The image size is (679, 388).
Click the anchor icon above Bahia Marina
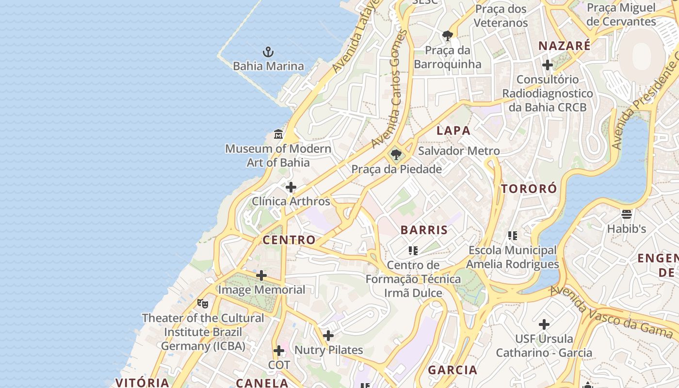pyautogui.click(x=268, y=52)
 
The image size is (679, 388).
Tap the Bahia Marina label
pyautogui.click(x=268, y=66)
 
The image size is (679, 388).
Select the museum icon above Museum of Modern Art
pyautogui.click(x=278, y=134)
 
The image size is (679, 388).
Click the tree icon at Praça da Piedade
pyautogui.click(x=396, y=155)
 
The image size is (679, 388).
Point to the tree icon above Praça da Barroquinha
pyautogui.click(x=448, y=36)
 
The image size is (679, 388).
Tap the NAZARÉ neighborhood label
pyautogui.click(x=565, y=46)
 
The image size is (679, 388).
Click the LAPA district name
pyautogui.click(x=453, y=130)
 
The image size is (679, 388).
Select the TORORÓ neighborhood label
pyautogui.click(x=529, y=189)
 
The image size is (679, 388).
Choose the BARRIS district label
pyautogui.click(x=424, y=230)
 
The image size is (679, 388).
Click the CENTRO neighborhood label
pyautogui.click(x=289, y=240)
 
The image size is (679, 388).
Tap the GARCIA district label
pyautogui.click(x=453, y=370)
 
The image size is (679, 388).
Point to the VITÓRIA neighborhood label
pyautogui.click(x=142, y=382)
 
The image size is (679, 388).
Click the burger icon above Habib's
pyautogui.click(x=627, y=214)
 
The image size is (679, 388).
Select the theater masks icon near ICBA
pyautogui.click(x=203, y=304)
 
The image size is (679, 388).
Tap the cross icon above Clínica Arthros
pyautogui.click(x=291, y=187)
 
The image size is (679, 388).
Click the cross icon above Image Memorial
pyautogui.click(x=261, y=275)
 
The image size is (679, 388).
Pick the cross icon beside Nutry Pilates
pyautogui.click(x=328, y=335)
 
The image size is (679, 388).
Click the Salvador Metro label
pyautogui.click(x=459, y=151)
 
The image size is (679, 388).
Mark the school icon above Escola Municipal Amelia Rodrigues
pyautogui.click(x=513, y=236)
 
